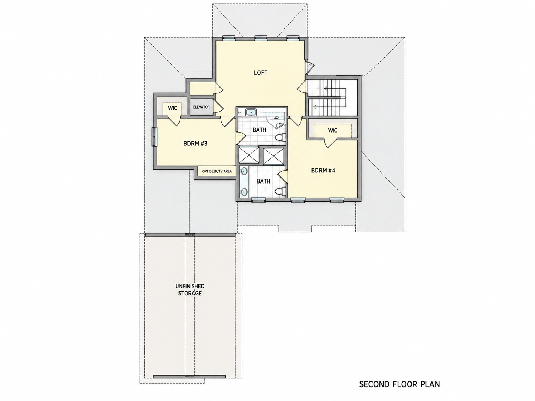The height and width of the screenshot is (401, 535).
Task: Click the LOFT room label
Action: tap(260, 72)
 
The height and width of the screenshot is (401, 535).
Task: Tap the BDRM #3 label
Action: tap(195, 144)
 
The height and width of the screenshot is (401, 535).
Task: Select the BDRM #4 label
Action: tap(323, 171)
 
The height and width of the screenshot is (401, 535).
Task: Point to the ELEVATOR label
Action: tap(201, 107)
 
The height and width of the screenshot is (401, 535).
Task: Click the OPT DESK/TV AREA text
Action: tap(217, 171)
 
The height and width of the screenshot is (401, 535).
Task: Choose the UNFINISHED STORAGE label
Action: tap(190, 290)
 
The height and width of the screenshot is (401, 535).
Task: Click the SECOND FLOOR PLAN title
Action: tap(400, 384)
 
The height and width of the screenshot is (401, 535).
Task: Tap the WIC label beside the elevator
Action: tap(173, 108)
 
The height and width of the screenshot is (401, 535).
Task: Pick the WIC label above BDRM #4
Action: tap(333, 130)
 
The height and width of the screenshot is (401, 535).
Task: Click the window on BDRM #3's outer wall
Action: tap(154, 137)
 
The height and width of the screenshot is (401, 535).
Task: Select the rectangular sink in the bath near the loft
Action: tap(251, 112)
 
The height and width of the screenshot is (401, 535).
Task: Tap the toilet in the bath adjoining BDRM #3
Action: tap(280, 137)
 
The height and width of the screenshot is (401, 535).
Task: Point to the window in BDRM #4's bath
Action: tap(258, 200)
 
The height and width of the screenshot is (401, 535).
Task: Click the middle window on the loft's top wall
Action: tap(261, 38)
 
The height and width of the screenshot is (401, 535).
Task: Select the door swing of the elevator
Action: tap(219, 107)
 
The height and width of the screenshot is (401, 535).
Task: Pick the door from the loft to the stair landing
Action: tap(301, 86)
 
